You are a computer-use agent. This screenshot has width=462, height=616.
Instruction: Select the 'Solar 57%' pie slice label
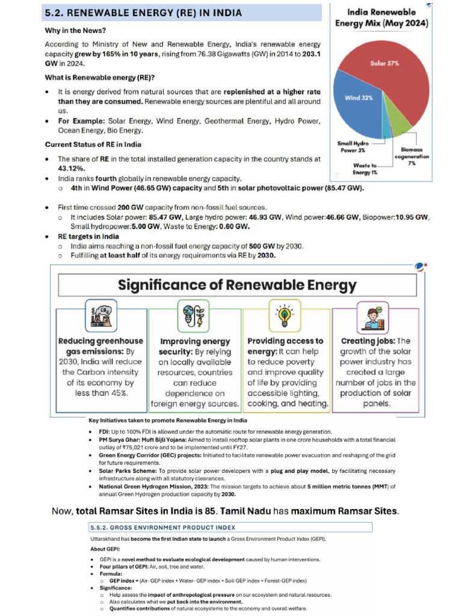coord(384,63)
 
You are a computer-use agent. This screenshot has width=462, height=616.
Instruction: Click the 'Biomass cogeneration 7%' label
coord(411,156)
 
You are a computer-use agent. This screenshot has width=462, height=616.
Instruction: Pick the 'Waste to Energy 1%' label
coord(365,168)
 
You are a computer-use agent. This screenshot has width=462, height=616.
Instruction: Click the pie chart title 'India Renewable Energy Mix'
coord(381,17)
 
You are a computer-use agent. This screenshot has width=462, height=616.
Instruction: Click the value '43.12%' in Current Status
coord(70,168)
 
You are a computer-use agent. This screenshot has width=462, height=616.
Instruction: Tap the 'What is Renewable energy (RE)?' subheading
coord(100,77)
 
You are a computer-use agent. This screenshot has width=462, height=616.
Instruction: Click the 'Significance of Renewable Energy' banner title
coord(237,285)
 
